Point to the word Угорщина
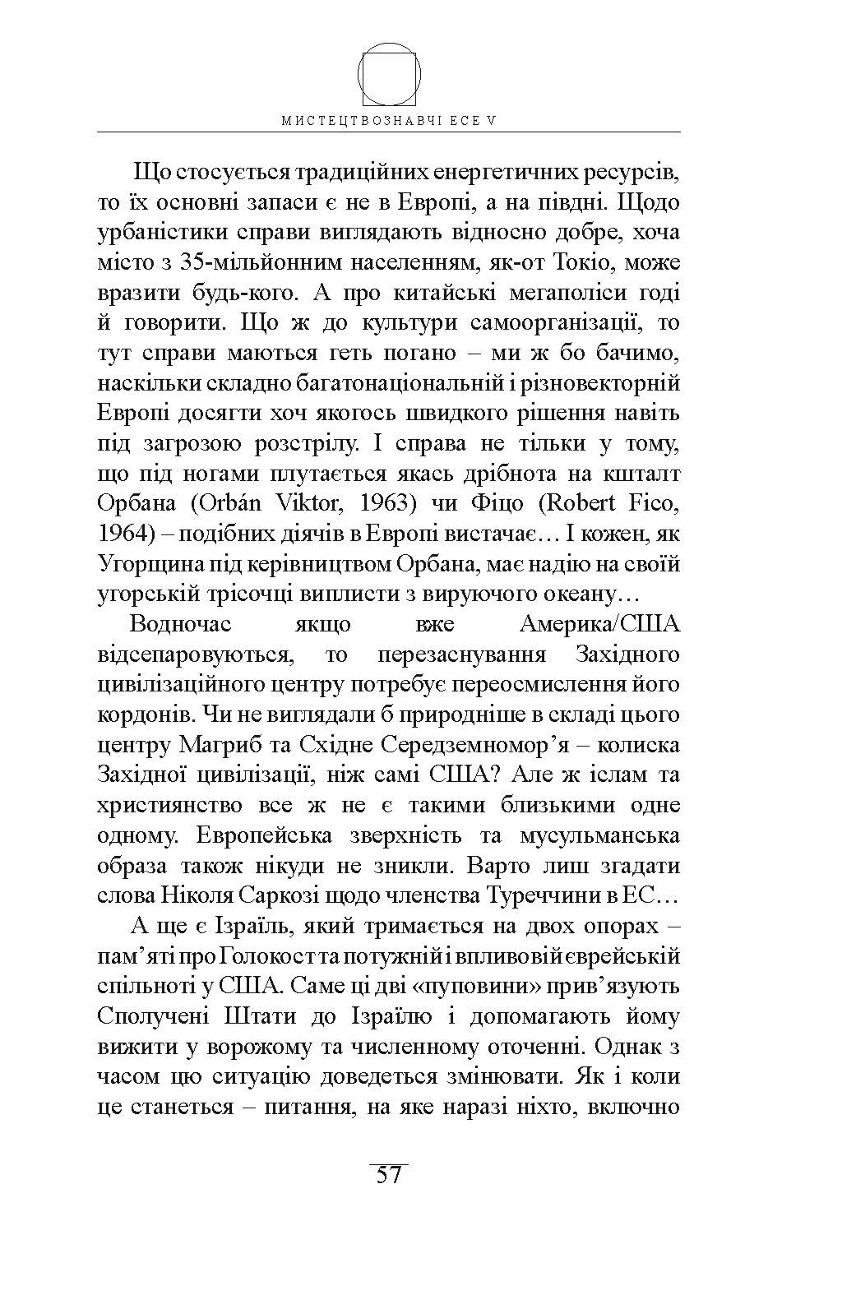[154, 564]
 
